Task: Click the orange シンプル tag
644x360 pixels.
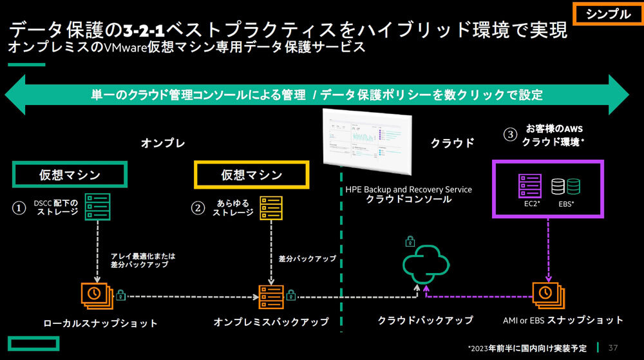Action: (606, 14)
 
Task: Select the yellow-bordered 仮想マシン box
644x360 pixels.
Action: (252, 175)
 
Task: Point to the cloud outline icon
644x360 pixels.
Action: (425, 264)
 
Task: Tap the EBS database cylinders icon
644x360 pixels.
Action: (566, 187)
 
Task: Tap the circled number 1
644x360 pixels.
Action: (19, 208)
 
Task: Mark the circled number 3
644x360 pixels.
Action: (510, 135)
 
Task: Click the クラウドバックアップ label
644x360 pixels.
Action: (425, 320)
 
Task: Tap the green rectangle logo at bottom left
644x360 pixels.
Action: (27, 345)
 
